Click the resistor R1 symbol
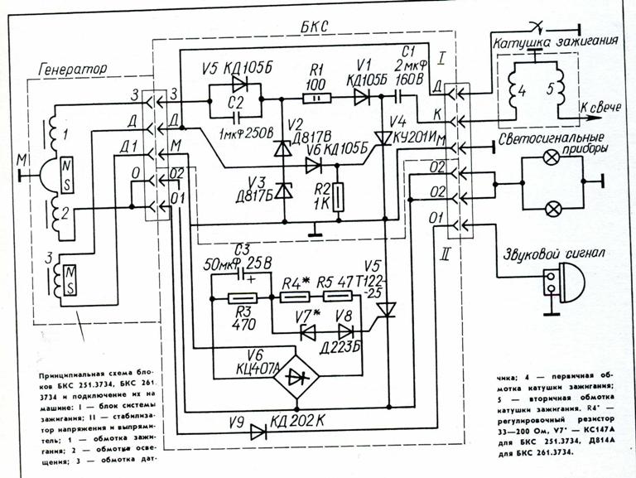[x=315, y=99]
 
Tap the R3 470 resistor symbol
[x=244, y=299]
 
